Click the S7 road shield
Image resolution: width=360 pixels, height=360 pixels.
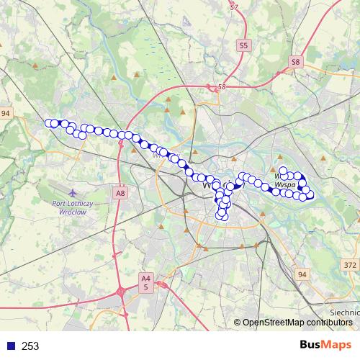pos(234,7)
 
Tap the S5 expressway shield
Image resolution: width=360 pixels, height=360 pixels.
pos(243,45)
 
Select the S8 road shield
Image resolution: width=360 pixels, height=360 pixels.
pos(296,63)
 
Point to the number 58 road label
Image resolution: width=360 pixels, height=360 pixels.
pos(221,87)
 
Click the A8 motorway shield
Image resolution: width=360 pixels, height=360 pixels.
pos(120,193)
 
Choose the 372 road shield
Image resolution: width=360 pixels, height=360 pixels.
pos(350,265)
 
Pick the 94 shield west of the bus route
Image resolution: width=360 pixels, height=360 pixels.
pos(6,114)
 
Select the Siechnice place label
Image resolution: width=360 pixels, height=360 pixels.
pos(344,312)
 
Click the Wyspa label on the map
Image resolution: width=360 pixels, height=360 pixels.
pos(284,184)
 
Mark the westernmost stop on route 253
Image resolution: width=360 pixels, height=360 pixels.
pos(49,123)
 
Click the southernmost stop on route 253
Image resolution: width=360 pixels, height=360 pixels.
pos(223,216)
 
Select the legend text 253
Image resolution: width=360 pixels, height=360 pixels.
pos(30,346)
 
